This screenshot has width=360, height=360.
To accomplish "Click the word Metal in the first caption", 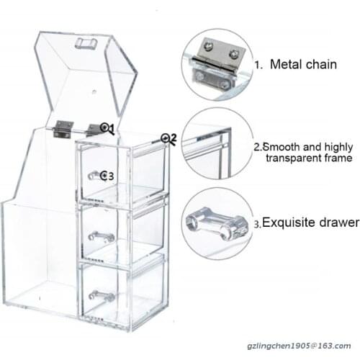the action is click(286, 64).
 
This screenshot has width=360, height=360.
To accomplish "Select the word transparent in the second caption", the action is click(293, 158).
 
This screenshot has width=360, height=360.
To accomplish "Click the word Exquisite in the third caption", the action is click(289, 222).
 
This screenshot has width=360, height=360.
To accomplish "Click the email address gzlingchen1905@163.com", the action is click(299, 346).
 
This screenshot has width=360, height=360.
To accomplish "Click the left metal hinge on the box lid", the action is click(63, 129).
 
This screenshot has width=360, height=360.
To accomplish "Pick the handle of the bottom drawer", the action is click(101, 294).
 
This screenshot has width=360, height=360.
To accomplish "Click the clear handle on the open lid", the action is click(86, 43).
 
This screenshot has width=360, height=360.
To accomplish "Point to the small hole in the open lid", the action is click(94, 91).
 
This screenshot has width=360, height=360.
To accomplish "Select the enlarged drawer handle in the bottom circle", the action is click(217, 223).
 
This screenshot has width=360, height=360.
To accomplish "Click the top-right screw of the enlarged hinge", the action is click(233, 54).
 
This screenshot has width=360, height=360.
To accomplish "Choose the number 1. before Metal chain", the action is click(258, 66).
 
